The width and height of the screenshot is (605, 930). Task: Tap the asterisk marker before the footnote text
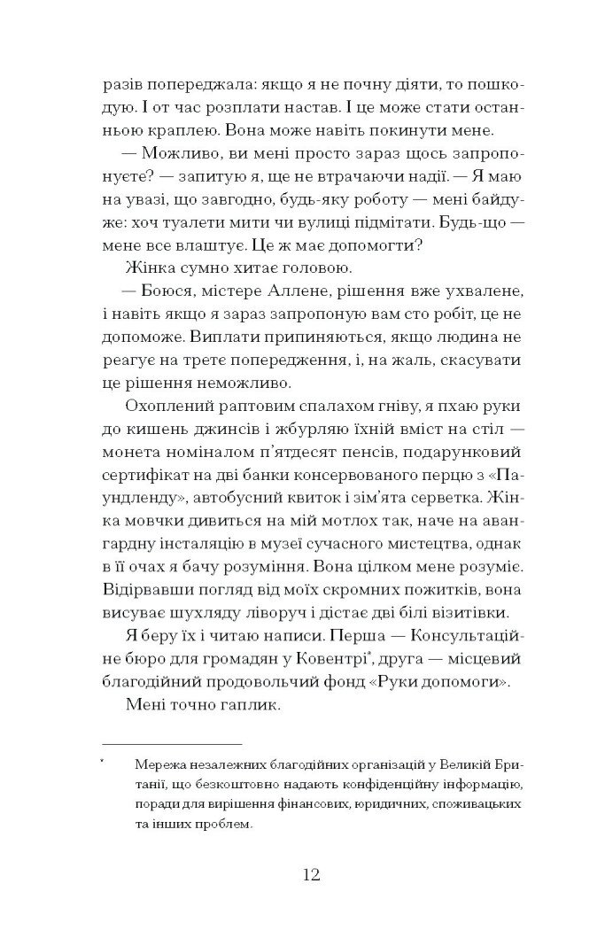(x=105, y=759)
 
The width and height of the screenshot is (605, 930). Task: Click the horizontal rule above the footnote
(x=172, y=740)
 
